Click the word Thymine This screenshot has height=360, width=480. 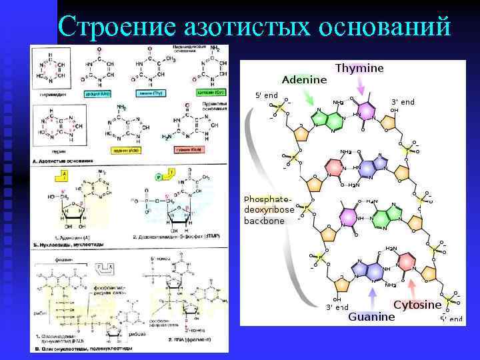(x=359, y=69)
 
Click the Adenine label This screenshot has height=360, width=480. (x=304, y=80)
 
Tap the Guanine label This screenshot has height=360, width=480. (x=371, y=317)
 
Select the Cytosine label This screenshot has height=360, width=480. (x=417, y=305)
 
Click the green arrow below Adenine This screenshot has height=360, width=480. (x=307, y=99)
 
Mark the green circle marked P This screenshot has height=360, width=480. (x=159, y=177)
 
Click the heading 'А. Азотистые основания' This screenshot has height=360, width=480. (x=63, y=161)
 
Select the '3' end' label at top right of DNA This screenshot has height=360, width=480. (x=402, y=102)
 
